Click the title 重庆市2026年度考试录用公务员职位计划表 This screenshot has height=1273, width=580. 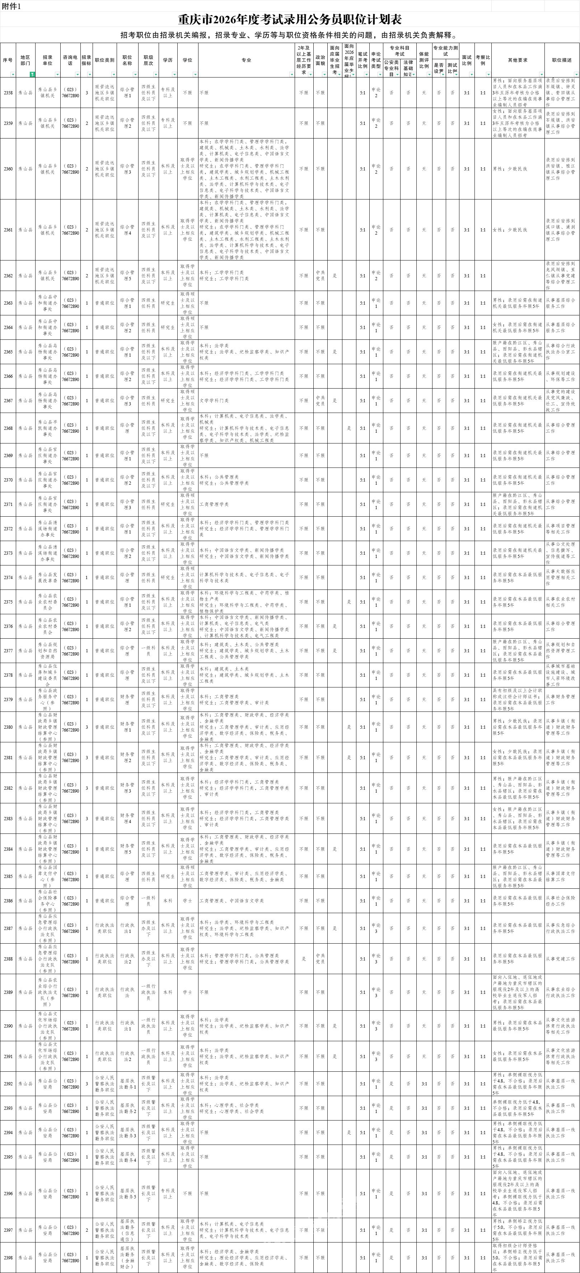289,20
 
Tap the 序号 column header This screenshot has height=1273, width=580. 8,60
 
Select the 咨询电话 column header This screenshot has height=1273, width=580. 70,60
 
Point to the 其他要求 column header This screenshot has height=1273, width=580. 517,60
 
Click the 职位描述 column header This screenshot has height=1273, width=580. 562,60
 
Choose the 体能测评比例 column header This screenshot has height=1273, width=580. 424,60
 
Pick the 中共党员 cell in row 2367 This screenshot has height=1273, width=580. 320,401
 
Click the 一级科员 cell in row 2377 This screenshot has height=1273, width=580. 148,651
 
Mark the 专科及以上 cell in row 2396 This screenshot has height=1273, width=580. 168,1193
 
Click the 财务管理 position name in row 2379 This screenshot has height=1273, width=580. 127,699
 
